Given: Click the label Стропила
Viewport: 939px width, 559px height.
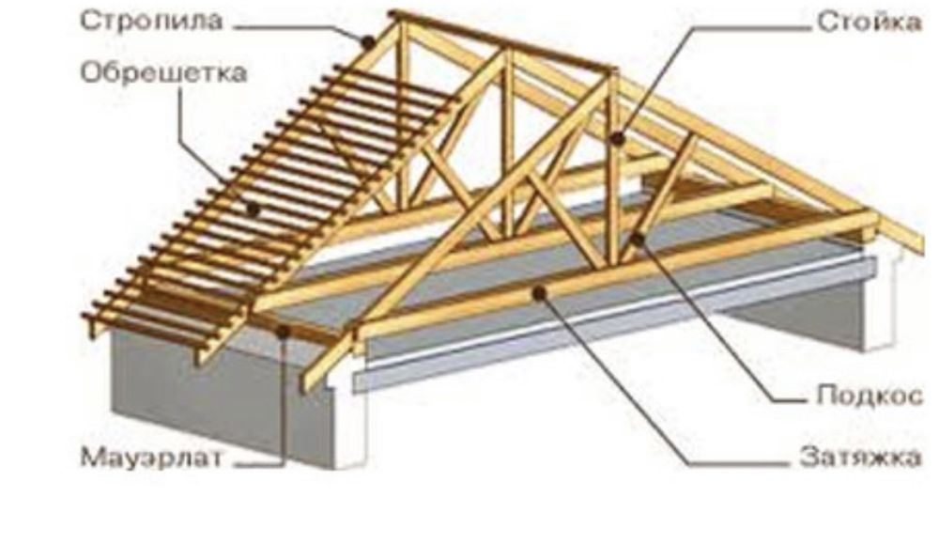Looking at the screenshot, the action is point(151,21).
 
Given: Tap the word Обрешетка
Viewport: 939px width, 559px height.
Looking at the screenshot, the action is point(163,73).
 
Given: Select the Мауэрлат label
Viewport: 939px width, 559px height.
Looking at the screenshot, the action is point(151,458).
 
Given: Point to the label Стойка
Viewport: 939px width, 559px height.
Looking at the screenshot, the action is point(870,23).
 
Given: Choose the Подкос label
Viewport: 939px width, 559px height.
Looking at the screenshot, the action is point(870,396).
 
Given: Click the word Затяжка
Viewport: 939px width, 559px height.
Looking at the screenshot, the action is point(860,458).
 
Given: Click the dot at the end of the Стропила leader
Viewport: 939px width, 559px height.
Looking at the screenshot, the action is point(368,42).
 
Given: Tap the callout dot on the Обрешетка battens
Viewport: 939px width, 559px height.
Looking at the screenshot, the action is point(253,210).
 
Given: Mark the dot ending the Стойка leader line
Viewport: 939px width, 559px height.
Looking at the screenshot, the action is point(618,139).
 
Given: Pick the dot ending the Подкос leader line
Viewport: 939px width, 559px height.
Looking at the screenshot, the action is point(638,240).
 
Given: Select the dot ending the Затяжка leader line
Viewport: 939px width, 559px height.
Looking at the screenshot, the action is point(540,293).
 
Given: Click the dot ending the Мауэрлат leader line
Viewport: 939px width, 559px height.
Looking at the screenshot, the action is point(283,332).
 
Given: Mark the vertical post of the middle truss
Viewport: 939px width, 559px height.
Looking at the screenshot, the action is point(508,143).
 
